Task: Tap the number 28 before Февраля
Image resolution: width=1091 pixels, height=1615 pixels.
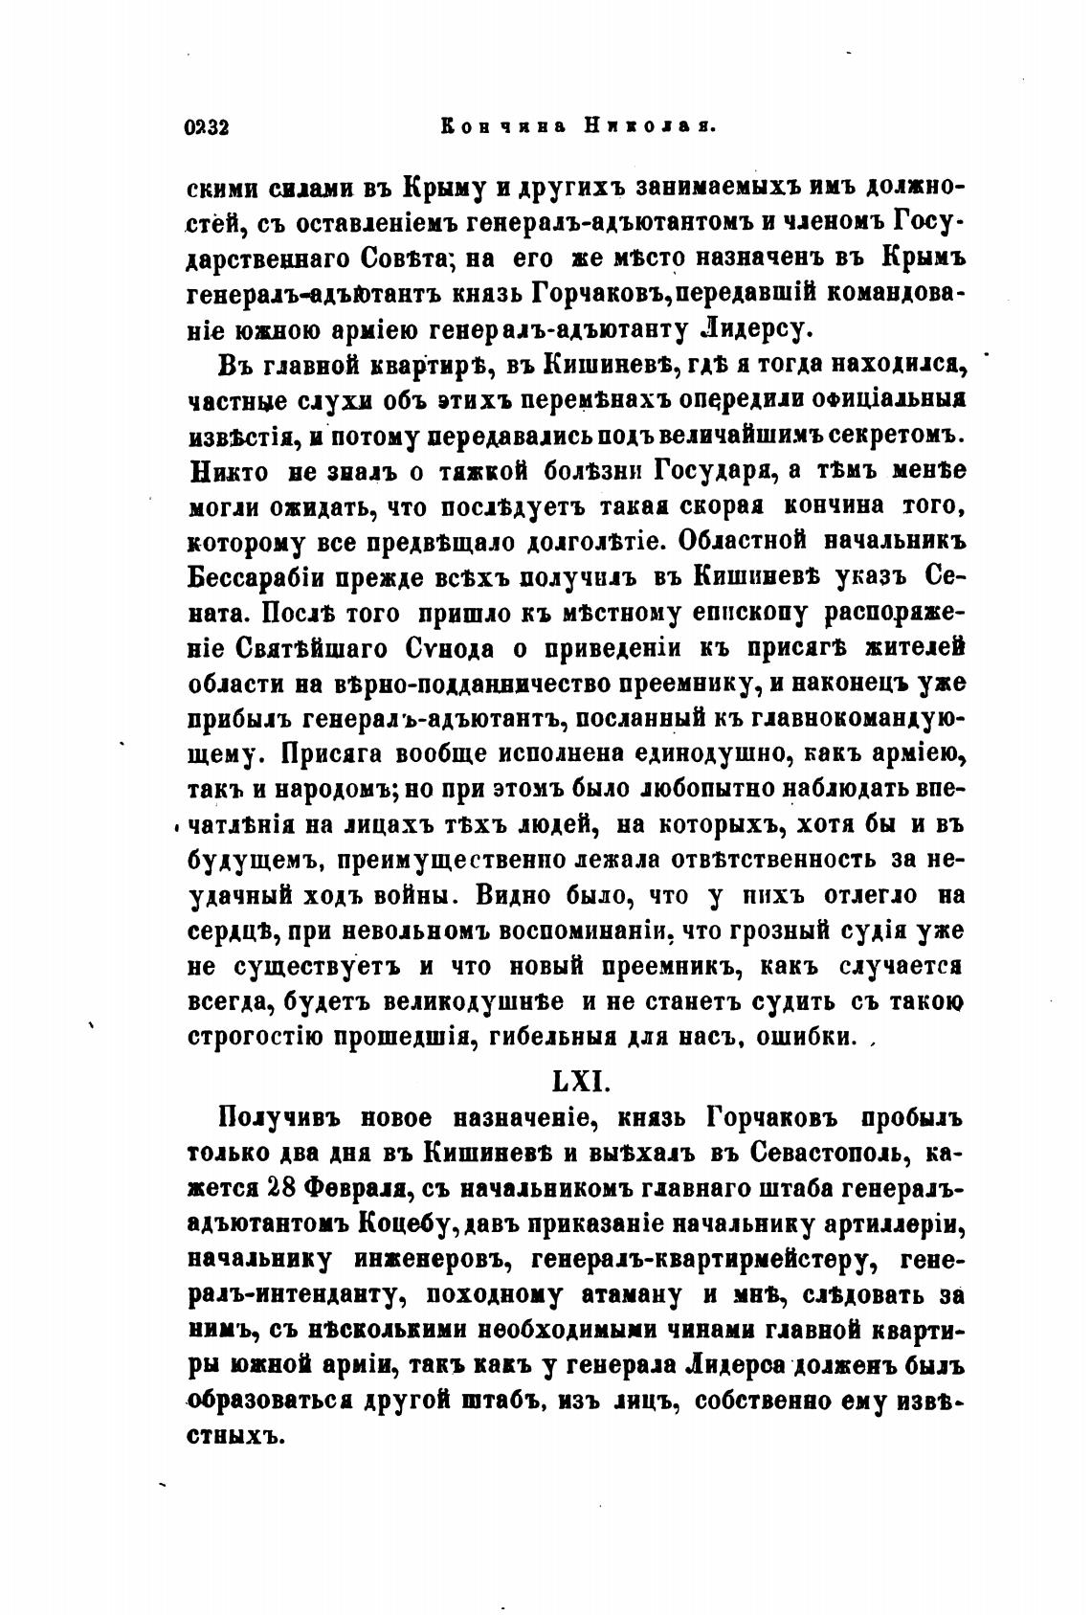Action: pyautogui.click(x=283, y=1188)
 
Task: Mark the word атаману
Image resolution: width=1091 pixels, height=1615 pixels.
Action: pyautogui.click(x=632, y=1295)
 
